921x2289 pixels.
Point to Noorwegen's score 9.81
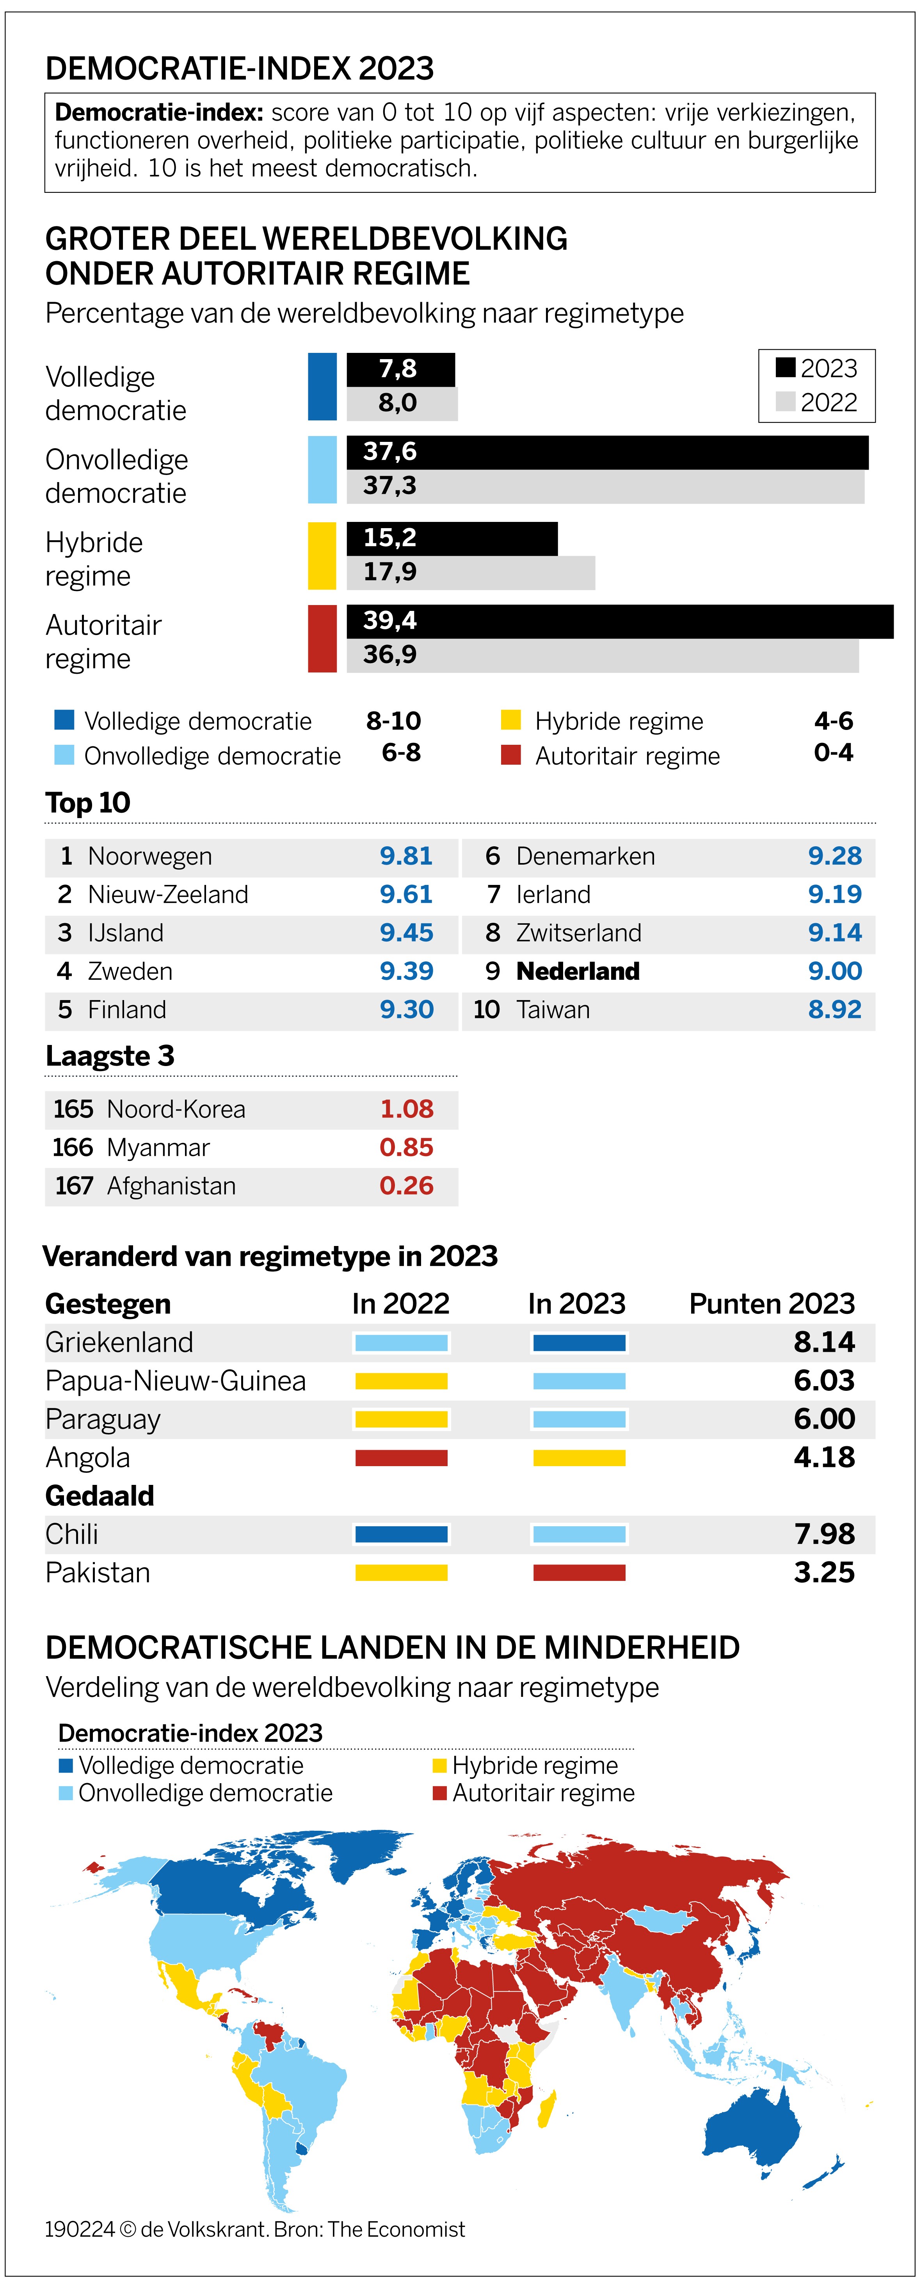(x=406, y=856)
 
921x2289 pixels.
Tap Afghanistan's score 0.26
(x=406, y=1186)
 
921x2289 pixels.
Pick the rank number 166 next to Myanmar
(x=73, y=1148)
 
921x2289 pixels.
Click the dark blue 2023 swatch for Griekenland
(x=579, y=1343)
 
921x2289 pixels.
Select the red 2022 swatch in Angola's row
(x=402, y=1458)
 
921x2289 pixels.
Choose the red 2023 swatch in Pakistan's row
(x=579, y=1573)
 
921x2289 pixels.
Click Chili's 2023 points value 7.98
(x=823, y=1534)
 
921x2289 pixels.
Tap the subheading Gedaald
(x=100, y=1496)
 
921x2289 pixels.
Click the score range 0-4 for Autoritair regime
(x=833, y=753)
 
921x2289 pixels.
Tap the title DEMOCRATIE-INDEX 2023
(x=240, y=68)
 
